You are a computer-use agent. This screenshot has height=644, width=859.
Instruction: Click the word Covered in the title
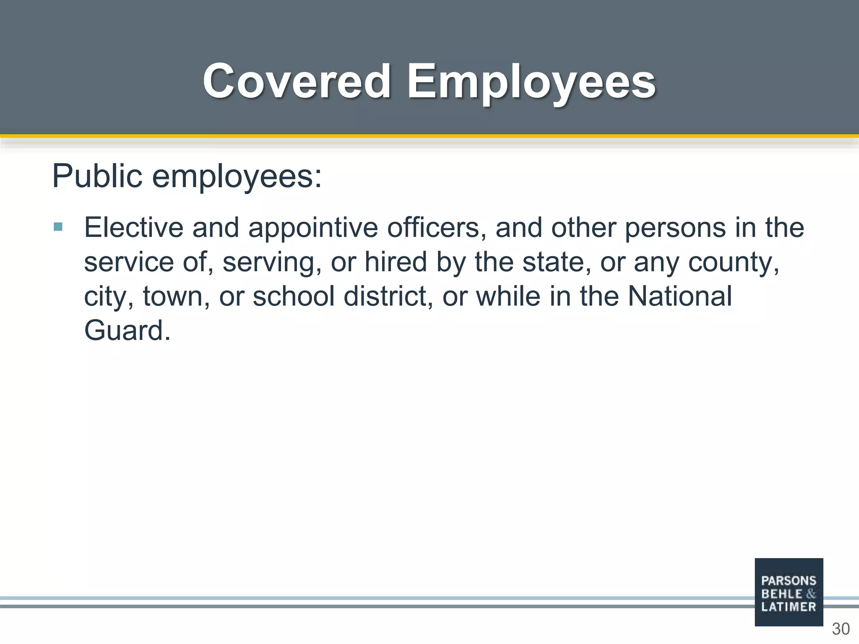(297, 81)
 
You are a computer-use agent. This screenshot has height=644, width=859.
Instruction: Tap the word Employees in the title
(531, 82)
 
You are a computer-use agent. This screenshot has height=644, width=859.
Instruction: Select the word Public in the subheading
(97, 176)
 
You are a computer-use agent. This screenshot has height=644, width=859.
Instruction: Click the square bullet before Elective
(58, 227)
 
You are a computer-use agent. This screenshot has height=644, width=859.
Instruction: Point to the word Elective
(134, 227)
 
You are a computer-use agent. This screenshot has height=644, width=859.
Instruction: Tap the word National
(679, 296)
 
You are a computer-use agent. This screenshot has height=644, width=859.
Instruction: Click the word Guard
(127, 330)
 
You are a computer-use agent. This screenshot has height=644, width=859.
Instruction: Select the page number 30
(841, 629)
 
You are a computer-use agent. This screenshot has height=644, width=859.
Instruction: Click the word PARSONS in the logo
(789, 581)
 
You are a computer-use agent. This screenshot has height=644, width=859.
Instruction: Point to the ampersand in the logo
(811, 594)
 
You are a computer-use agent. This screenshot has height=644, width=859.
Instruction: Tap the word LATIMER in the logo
(789, 607)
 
